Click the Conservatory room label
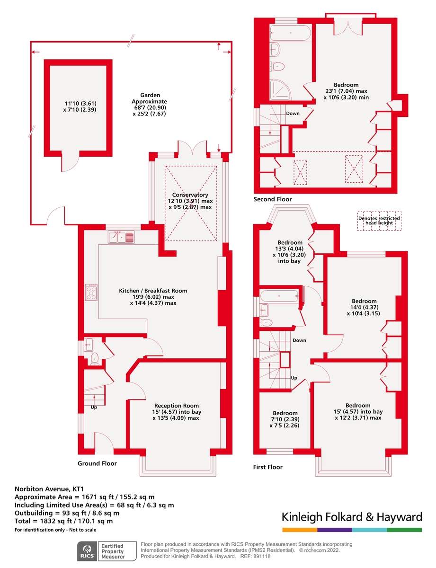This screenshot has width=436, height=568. [190, 195]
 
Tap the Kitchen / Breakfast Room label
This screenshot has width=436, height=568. [152, 291]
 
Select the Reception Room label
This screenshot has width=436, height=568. [177, 406]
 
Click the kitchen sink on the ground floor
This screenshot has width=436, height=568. [121, 237]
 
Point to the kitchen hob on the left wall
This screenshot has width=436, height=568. [91, 293]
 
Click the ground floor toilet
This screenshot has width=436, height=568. [94, 358]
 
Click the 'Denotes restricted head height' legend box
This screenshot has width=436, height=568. [379, 221]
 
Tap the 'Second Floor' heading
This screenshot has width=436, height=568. [273, 199]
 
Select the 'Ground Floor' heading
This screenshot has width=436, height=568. [97, 463]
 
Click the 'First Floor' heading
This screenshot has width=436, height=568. [267, 467]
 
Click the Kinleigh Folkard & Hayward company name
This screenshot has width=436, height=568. [351, 516]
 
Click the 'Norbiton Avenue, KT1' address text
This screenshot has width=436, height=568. [45, 489]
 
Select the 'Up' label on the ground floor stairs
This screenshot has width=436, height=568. [93, 407]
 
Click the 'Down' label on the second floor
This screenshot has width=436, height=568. [293, 114]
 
